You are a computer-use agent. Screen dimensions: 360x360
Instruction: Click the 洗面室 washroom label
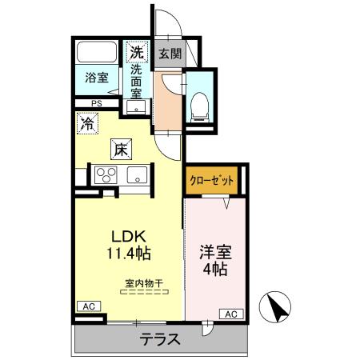click(138, 81)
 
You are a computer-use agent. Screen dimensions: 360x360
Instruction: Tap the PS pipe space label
click(96, 103)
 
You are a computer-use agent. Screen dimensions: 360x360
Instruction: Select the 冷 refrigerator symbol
click(86, 124)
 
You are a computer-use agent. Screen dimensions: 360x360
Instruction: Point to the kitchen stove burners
click(104, 173)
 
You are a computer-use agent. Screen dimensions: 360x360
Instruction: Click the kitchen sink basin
click(135, 173)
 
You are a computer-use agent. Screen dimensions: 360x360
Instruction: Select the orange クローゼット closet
click(212, 181)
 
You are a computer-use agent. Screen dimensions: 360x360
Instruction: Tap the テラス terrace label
click(160, 338)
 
